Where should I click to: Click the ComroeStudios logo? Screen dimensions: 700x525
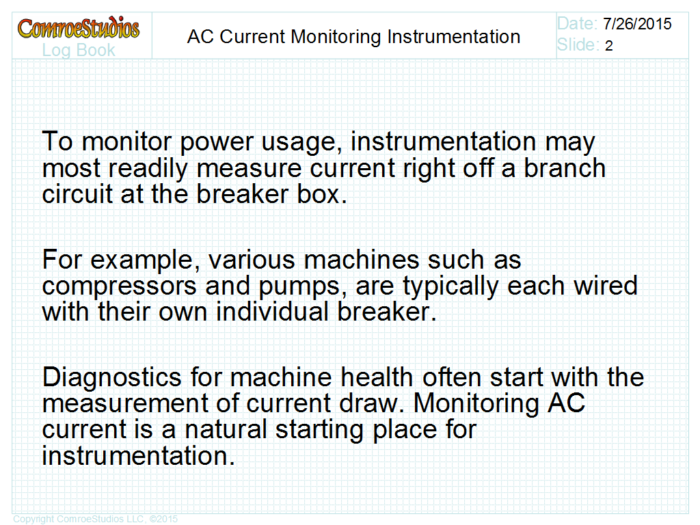point(79,27)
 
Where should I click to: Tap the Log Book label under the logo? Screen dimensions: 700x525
point(79,51)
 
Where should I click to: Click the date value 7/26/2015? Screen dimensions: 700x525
point(637,24)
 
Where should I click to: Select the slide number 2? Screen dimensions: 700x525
point(609,46)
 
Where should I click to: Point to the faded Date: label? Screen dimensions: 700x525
point(577,24)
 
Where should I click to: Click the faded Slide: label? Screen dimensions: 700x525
point(578,44)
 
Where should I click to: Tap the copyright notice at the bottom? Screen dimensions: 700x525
point(96,519)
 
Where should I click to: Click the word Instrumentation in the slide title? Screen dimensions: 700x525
point(454,37)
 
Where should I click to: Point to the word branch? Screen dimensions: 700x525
point(564,168)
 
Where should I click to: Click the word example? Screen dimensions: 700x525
point(142,260)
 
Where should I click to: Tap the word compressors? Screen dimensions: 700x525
point(119,286)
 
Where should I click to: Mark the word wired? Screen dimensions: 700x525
point(606,286)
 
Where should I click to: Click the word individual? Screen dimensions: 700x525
point(272,312)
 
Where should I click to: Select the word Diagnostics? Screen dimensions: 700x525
point(111,378)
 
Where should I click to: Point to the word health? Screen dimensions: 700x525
point(377,377)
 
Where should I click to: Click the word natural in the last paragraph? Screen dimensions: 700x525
point(226,429)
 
